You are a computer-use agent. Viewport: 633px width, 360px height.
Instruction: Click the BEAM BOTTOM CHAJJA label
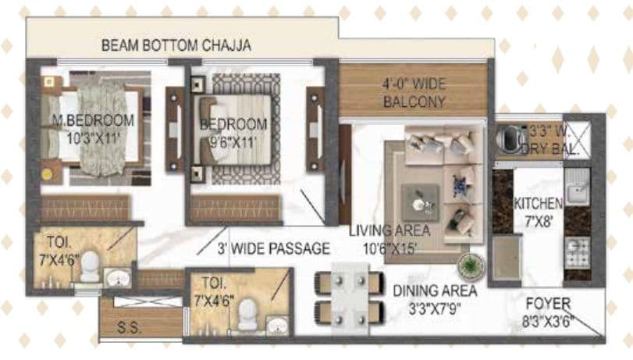click(176, 45)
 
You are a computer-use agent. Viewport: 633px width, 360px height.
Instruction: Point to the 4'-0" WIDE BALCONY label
click(414, 93)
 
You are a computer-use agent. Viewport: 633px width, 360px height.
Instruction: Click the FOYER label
click(547, 303)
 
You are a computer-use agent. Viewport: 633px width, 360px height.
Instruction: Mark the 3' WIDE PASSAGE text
click(273, 249)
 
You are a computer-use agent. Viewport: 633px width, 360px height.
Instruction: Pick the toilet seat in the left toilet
click(91, 266)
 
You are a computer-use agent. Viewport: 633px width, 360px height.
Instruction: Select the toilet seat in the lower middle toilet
click(248, 315)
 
